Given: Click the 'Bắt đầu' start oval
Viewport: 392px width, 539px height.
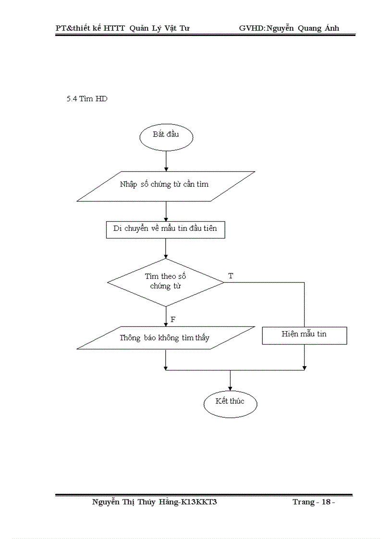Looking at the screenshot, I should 166,137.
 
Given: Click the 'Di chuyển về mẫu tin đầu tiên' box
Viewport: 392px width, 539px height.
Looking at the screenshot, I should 165,229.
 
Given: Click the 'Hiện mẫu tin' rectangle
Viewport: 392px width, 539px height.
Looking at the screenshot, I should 304,335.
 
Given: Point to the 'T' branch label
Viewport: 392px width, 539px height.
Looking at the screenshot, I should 231,276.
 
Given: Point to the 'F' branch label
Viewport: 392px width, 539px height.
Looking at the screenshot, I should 172,319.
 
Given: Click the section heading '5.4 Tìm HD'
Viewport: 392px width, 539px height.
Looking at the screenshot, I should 87,99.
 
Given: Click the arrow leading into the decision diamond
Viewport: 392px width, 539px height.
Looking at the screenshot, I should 166,249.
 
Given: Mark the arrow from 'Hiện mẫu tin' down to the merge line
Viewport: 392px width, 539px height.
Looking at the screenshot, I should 304,357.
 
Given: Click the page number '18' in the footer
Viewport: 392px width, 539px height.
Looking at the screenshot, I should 327,502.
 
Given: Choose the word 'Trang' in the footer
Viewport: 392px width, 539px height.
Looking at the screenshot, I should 303,502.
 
